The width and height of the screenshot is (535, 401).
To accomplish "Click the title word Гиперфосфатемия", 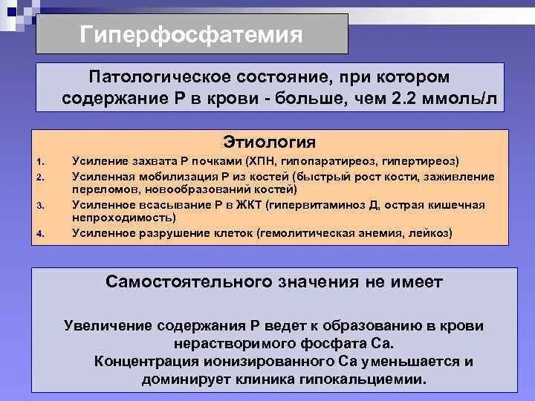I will coord(192,35).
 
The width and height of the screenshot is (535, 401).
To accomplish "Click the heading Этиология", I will coord(270,142).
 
